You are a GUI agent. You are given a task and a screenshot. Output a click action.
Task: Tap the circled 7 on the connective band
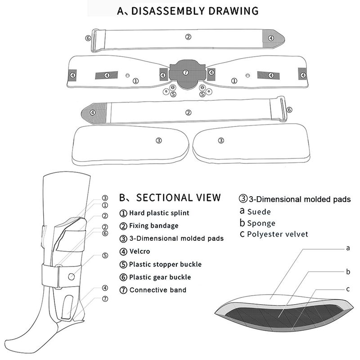185,72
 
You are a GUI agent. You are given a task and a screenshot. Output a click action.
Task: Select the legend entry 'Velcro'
139,252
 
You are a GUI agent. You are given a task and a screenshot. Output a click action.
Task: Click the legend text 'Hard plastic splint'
159,213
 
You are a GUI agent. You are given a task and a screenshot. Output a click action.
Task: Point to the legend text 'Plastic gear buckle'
160,277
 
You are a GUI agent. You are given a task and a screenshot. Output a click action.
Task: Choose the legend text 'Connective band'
158,290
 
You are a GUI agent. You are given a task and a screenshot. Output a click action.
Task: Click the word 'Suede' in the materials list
259,211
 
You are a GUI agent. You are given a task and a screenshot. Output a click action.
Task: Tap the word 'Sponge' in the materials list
261,223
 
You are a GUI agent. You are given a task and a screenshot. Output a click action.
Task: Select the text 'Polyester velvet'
278,234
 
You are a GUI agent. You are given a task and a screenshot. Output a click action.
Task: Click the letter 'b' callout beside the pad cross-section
348,272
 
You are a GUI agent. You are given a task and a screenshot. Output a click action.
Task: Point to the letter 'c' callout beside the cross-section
348,289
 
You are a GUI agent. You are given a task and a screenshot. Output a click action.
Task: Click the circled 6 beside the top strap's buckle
88,38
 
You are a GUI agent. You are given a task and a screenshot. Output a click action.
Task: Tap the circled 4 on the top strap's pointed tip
271,38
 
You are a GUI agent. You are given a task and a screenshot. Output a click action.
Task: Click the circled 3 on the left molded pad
159,140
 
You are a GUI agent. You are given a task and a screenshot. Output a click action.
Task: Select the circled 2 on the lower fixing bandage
188,112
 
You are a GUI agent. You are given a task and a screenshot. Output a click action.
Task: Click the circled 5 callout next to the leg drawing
105,256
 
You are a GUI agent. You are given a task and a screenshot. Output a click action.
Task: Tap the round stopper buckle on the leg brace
72,277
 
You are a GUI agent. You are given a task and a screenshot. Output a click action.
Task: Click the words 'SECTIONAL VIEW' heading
178,198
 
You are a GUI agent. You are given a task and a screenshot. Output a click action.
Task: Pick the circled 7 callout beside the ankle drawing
105,299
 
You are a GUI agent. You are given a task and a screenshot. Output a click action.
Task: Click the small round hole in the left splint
128,75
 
